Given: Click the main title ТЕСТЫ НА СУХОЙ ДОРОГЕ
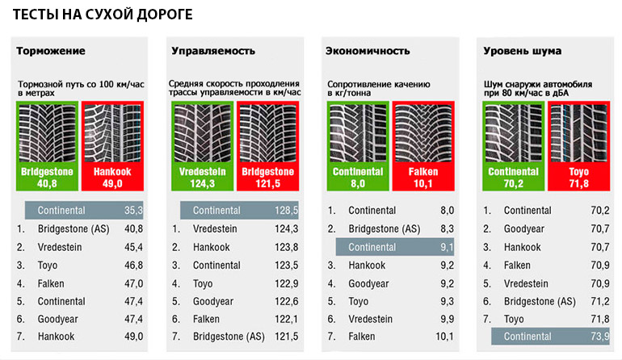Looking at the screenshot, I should (x=101, y=15).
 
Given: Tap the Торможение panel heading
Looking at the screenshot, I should (x=51, y=52).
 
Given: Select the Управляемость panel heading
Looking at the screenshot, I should (x=213, y=52).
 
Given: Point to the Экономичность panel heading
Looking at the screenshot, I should (x=368, y=52).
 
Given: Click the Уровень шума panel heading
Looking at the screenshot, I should (x=522, y=52).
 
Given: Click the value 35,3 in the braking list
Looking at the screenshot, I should (x=132, y=211).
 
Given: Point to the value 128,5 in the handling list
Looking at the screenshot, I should (x=286, y=211).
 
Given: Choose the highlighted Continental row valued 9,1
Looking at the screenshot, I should (x=395, y=247).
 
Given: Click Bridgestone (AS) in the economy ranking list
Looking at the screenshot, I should (x=385, y=229).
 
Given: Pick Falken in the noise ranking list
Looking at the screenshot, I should (x=518, y=265).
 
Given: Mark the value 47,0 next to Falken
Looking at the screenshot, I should (x=132, y=283).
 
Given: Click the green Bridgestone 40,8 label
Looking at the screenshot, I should (x=46, y=178).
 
